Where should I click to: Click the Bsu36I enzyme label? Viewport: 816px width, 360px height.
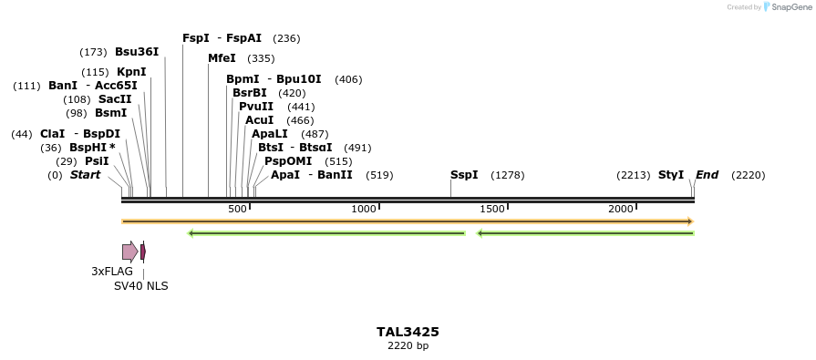point(137,52)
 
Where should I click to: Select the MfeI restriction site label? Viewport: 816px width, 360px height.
point(222,58)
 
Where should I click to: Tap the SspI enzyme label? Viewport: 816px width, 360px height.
point(464,175)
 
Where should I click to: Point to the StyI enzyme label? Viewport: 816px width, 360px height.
point(671,175)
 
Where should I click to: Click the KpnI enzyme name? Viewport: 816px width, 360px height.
point(131,72)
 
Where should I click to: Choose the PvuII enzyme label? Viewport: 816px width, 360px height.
point(256,107)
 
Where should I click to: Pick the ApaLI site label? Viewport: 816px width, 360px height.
point(271,134)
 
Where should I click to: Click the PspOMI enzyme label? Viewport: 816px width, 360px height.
point(282,161)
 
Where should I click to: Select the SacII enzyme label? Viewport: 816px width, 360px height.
point(115,99)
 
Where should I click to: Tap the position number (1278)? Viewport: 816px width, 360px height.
point(508,175)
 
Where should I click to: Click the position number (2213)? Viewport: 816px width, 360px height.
point(634,175)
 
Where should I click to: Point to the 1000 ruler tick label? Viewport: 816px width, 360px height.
point(365,210)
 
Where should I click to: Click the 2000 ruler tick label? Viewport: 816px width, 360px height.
point(621,210)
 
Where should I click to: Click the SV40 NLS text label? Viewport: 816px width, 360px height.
point(140,285)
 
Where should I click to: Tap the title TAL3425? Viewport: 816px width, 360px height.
point(408,332)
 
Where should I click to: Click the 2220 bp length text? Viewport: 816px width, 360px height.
point(408,346)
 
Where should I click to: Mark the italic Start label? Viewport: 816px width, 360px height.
point(85,175)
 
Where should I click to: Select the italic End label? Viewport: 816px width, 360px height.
point(707,175)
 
